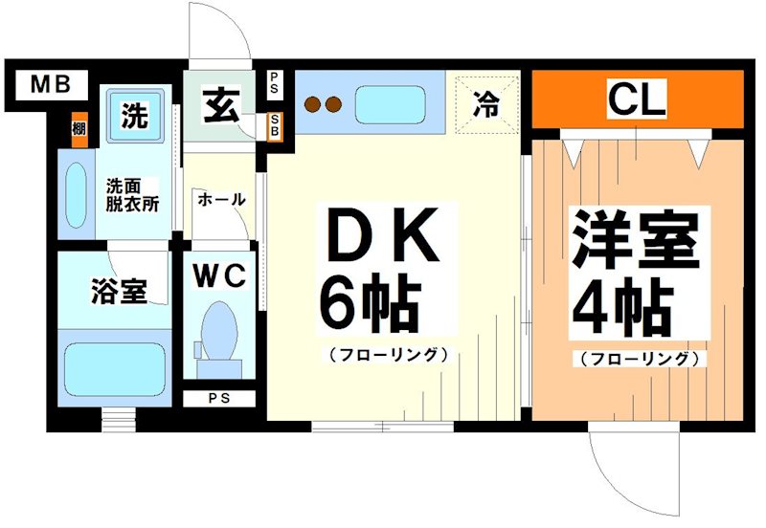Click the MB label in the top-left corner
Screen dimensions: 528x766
50,84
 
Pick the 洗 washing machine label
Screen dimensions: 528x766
133,116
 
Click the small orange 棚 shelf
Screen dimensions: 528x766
79,130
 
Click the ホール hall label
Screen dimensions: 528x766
221,200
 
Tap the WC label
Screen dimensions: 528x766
221,275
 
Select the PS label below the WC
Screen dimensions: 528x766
219,399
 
